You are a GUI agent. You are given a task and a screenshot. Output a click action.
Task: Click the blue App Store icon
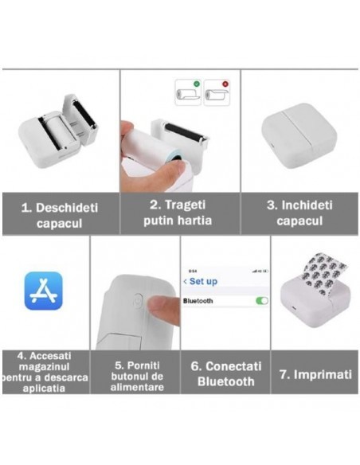pyautogui.click(x=43, y=291)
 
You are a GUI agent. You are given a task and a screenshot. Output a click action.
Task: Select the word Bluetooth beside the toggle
pyautogui.click(x=202, y=302)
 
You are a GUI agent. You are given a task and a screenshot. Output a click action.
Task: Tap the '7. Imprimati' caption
pyautogui.click(x=315, y=373)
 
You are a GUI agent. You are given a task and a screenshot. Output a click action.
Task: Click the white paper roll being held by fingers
pyautogui.click(x=151, y=151)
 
